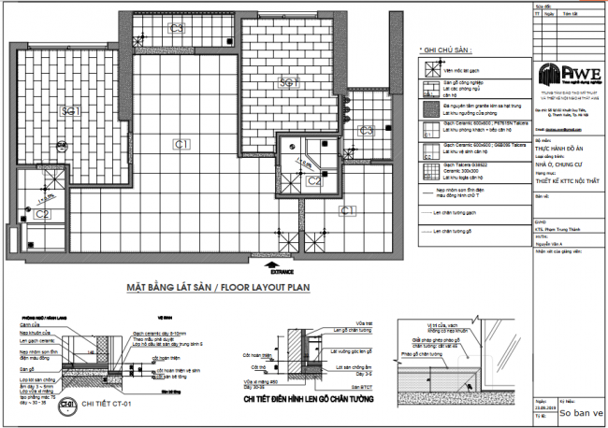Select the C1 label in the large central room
(181, 143)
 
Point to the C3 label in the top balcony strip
(366, 129)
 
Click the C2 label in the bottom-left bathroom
(42, 214)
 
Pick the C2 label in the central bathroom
(314, 180)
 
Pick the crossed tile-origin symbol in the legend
(429, 68)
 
